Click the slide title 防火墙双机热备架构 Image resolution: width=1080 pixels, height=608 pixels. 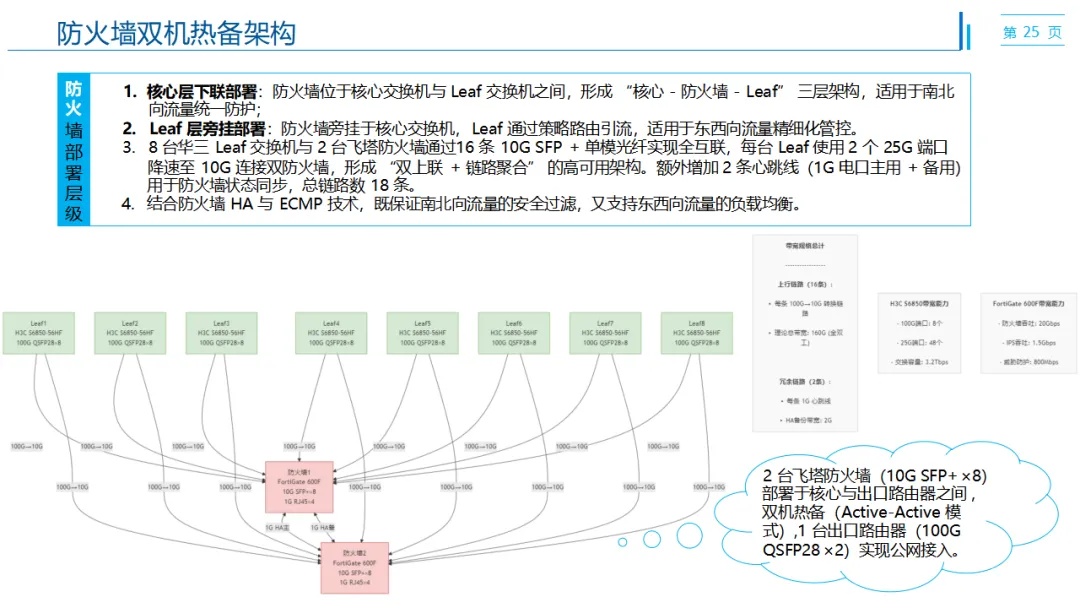click(x=176, y=33)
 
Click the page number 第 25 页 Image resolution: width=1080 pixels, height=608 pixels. click(x=1032, y=33)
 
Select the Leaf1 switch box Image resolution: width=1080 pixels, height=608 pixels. click(x=38, y=333)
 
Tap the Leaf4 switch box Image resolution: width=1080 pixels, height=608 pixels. click(x=331, y=333)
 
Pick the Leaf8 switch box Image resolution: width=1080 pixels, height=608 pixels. click(x=696, y=333)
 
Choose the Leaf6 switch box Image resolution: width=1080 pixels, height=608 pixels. click(x=514, y=333)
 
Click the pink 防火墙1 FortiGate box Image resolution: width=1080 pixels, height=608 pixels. click(x=299, y=486)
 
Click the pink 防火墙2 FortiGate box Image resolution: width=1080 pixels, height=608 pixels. click(x=354, y=567)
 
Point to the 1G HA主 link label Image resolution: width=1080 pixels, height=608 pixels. click(x=276, y=526)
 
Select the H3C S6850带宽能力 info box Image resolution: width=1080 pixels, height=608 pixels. click(x=920, y=332)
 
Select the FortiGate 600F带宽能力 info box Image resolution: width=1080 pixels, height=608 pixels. click(x=1027, y=332)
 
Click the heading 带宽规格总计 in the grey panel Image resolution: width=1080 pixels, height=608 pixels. click(x=804, y=245)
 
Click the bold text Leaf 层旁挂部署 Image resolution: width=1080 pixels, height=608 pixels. click(x=208, y=128)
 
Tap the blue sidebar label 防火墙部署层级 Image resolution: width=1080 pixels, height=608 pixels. click(x=74, y=149)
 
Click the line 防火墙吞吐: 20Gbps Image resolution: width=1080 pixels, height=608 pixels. click(x=1029, y=323)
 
